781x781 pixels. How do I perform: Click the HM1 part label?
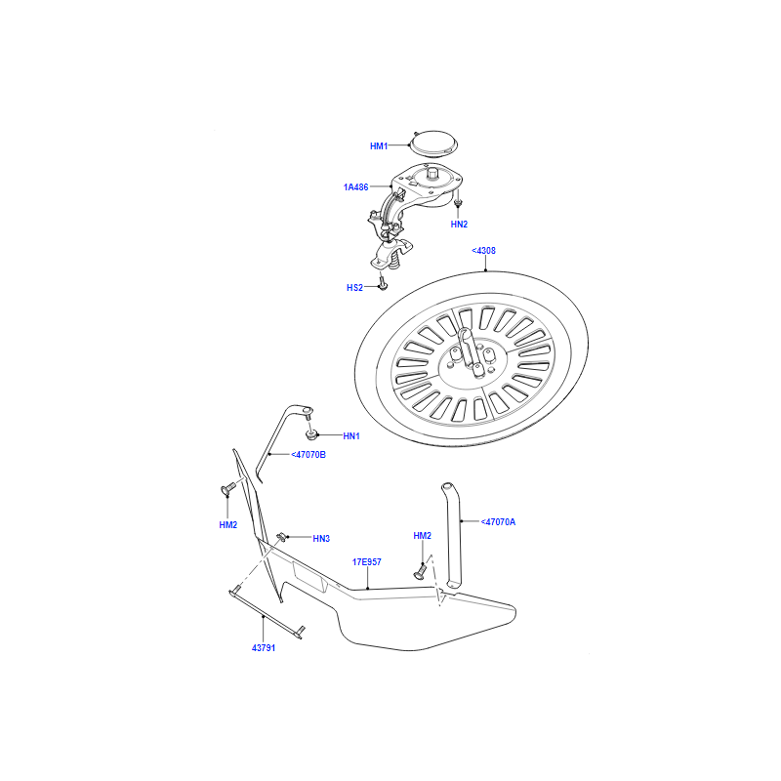pos(379,145)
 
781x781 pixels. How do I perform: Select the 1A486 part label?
pos(355,187)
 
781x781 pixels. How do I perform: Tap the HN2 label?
pos(459,225)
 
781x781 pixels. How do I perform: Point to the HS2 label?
pos(354,287)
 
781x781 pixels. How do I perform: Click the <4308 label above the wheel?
pos(483,251)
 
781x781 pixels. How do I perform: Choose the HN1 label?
pos(351,435)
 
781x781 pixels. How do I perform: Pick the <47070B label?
pos(308,454)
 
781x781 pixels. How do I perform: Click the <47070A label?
pos(498,522)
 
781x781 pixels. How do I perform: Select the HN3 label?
pos(321,539)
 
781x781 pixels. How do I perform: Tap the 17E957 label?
pos(367,562)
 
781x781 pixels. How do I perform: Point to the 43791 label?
pos(264,647)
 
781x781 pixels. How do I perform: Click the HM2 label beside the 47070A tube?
pos(422,535)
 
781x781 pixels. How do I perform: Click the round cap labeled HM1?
pos(432,144)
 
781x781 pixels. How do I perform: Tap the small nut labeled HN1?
pos(311,435)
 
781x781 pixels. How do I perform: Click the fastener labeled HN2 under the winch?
pos(458,203)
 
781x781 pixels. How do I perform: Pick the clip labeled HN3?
pos(281,536)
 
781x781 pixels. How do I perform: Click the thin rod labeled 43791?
pos(267,614)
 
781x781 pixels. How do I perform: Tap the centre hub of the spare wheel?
pos(472,357)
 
